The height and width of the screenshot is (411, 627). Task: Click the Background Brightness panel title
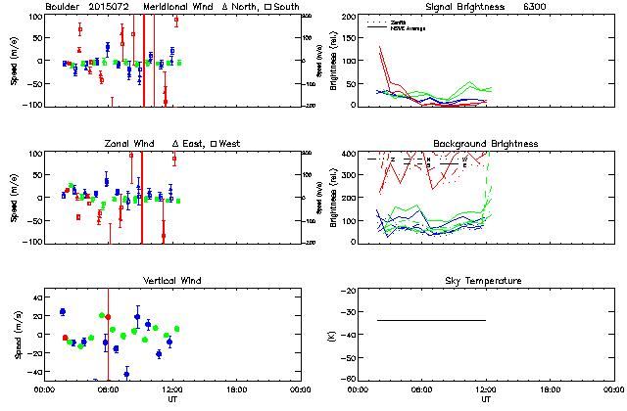click(486, 144)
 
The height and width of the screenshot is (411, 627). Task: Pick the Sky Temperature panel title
click(486, 281)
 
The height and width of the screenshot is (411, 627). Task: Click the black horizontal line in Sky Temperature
click(431, 320)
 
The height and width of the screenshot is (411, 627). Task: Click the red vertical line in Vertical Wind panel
click(108, 333)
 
